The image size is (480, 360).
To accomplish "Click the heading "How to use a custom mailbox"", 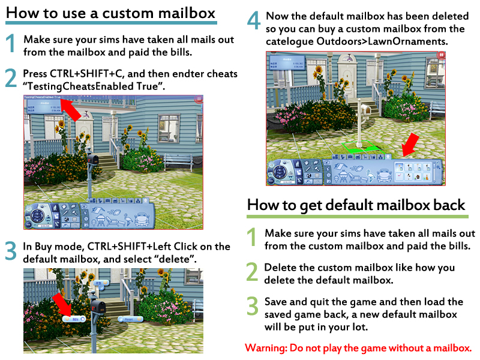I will (x=111, y=13).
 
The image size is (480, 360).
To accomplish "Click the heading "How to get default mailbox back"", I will (x=356, y=205).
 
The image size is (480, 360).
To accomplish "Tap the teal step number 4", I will (x=254, y=22).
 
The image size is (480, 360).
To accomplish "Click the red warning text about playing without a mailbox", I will (x=358, y=348).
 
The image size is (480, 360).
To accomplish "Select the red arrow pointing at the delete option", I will (x=62, y=302).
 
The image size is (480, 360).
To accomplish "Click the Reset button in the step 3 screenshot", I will (x=130, y=320).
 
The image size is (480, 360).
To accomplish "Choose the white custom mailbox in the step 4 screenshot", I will (x=364, y=120).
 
